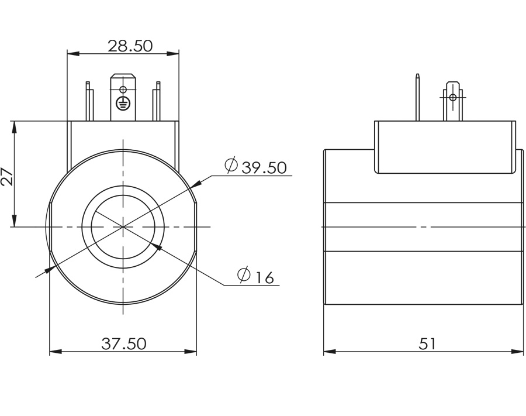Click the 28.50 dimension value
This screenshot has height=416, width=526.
point(130,46)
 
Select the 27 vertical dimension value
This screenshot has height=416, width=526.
point(8,176)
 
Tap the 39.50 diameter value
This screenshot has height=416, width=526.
point(264,167)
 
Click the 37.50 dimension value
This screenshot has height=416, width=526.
point(124,343)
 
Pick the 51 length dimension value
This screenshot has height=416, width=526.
point(427,343)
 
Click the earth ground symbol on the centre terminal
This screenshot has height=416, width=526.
point(123,103)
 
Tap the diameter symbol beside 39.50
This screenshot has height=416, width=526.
point(231,165)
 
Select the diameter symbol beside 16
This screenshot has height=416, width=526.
point(244,274)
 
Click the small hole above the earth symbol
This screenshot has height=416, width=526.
point(123,90)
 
